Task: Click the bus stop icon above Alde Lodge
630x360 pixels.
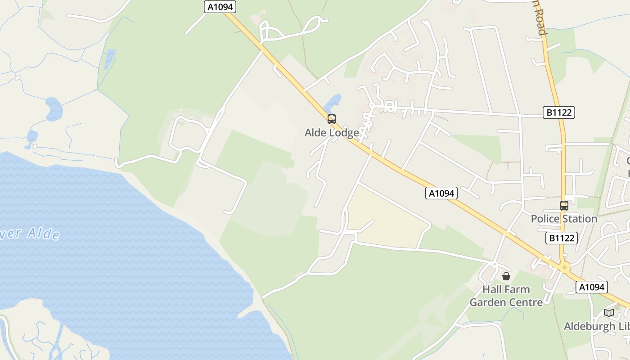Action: (x=332, y=119)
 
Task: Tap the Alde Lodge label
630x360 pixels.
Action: (x=332, y=133)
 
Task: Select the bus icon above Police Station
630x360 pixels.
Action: (x=564, y=206)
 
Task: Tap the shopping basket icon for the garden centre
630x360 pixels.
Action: (x=506, y=276)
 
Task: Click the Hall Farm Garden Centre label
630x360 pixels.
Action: (x=506, y=296)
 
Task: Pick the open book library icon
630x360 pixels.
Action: (x=609, y=313)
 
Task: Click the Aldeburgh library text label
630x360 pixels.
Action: (x=596, y=326)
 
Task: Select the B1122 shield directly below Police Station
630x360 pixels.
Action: (x=562, y=238)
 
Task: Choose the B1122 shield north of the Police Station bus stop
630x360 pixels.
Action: (x=559, y=112)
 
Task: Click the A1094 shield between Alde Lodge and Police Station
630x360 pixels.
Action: (x=441, y=193)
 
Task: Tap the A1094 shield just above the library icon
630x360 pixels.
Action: (x=591, y=287)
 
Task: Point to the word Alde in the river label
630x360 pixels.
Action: (x=43, y=233)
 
